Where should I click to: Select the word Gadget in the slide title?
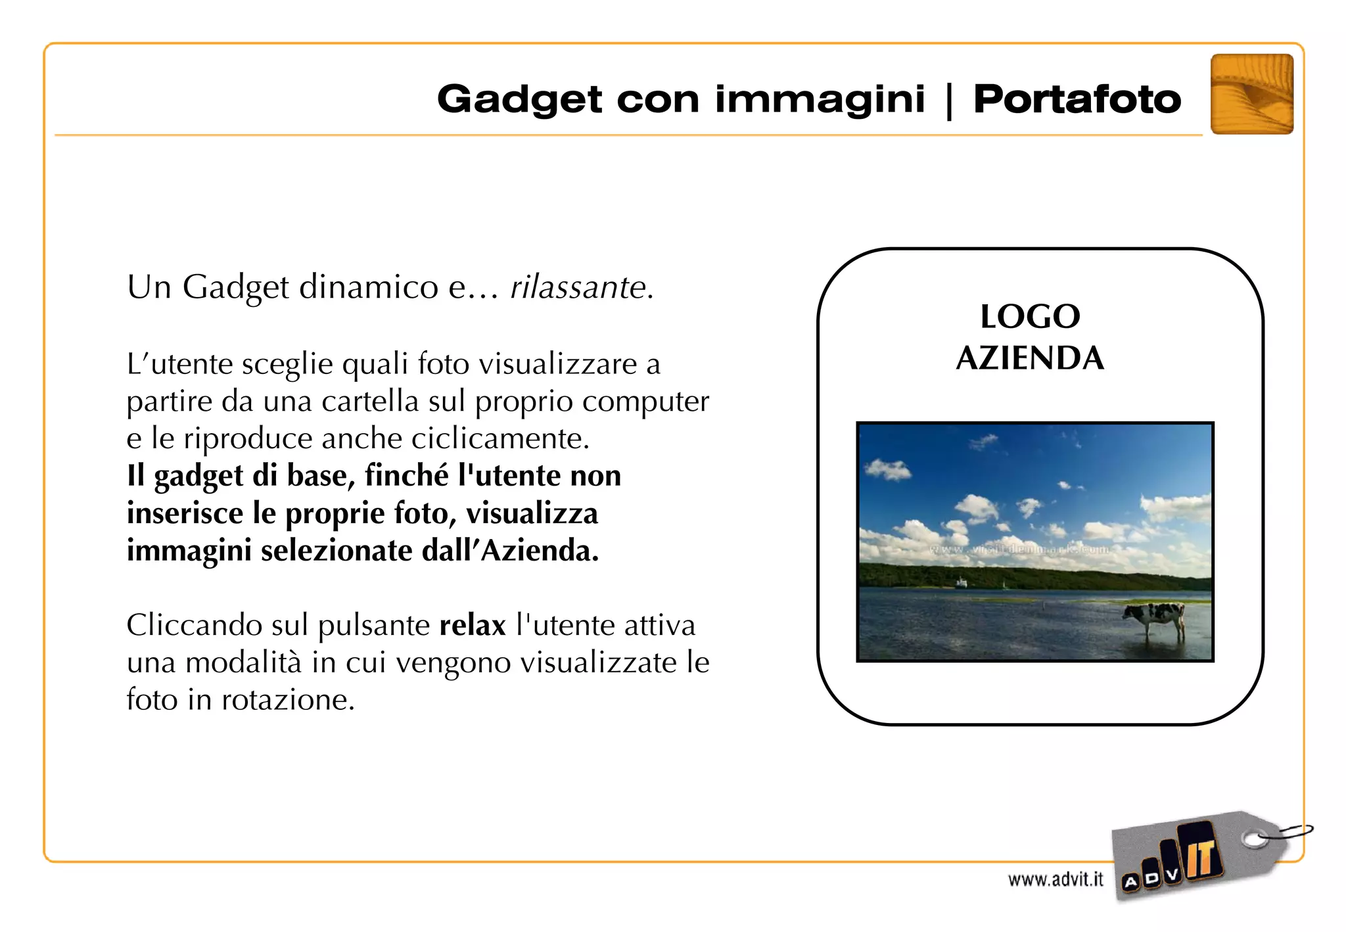pos(519,100)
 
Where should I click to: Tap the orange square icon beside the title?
pos(1251,94)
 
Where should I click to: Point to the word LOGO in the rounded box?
pos(1030,317)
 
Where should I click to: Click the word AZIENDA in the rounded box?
pos(1030,359)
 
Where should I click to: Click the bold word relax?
pos(473,625)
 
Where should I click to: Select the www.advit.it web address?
pos(1056,879)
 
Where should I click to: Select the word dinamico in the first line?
pos(368,287)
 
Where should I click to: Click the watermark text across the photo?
pos(1019,549)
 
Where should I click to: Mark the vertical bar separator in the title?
pos(948,101)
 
